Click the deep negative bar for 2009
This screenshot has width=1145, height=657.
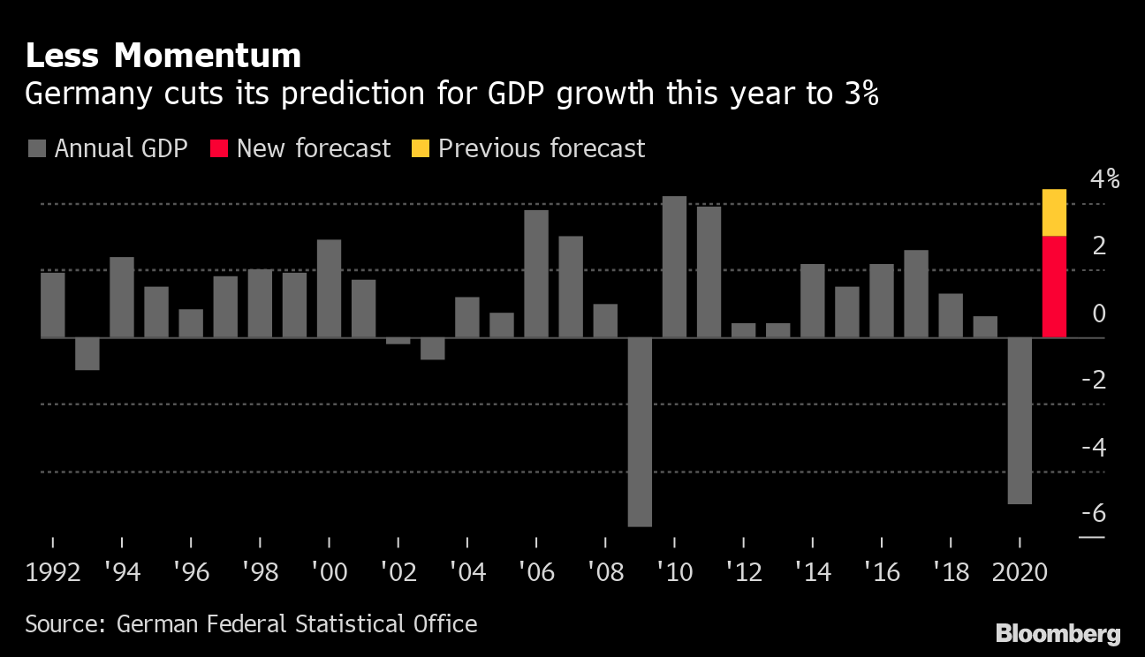click(640, 432)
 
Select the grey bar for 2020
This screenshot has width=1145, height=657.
click(1020, 420)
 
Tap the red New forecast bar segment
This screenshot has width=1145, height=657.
click(1054, 286)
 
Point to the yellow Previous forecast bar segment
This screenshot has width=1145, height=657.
click(1054, 213)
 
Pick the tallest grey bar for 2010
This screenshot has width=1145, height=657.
click(674, 267)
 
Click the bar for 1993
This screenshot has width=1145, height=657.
click(87, 353)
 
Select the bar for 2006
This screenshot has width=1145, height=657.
click(536, 274)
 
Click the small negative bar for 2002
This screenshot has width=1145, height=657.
click(398, 341)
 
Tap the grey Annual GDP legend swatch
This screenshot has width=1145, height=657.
click(36, 148)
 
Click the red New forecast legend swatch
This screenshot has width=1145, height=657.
click(219, 148)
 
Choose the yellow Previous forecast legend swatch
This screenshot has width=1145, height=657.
click(421, 148)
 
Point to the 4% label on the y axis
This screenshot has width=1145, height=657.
click(1104, 179)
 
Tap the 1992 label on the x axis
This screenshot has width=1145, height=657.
click(53, 572)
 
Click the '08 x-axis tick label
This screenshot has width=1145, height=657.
click(605, 572)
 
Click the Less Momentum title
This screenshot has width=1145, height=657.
click(163, 56)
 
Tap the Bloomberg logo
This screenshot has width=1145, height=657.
click(1058, 633)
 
